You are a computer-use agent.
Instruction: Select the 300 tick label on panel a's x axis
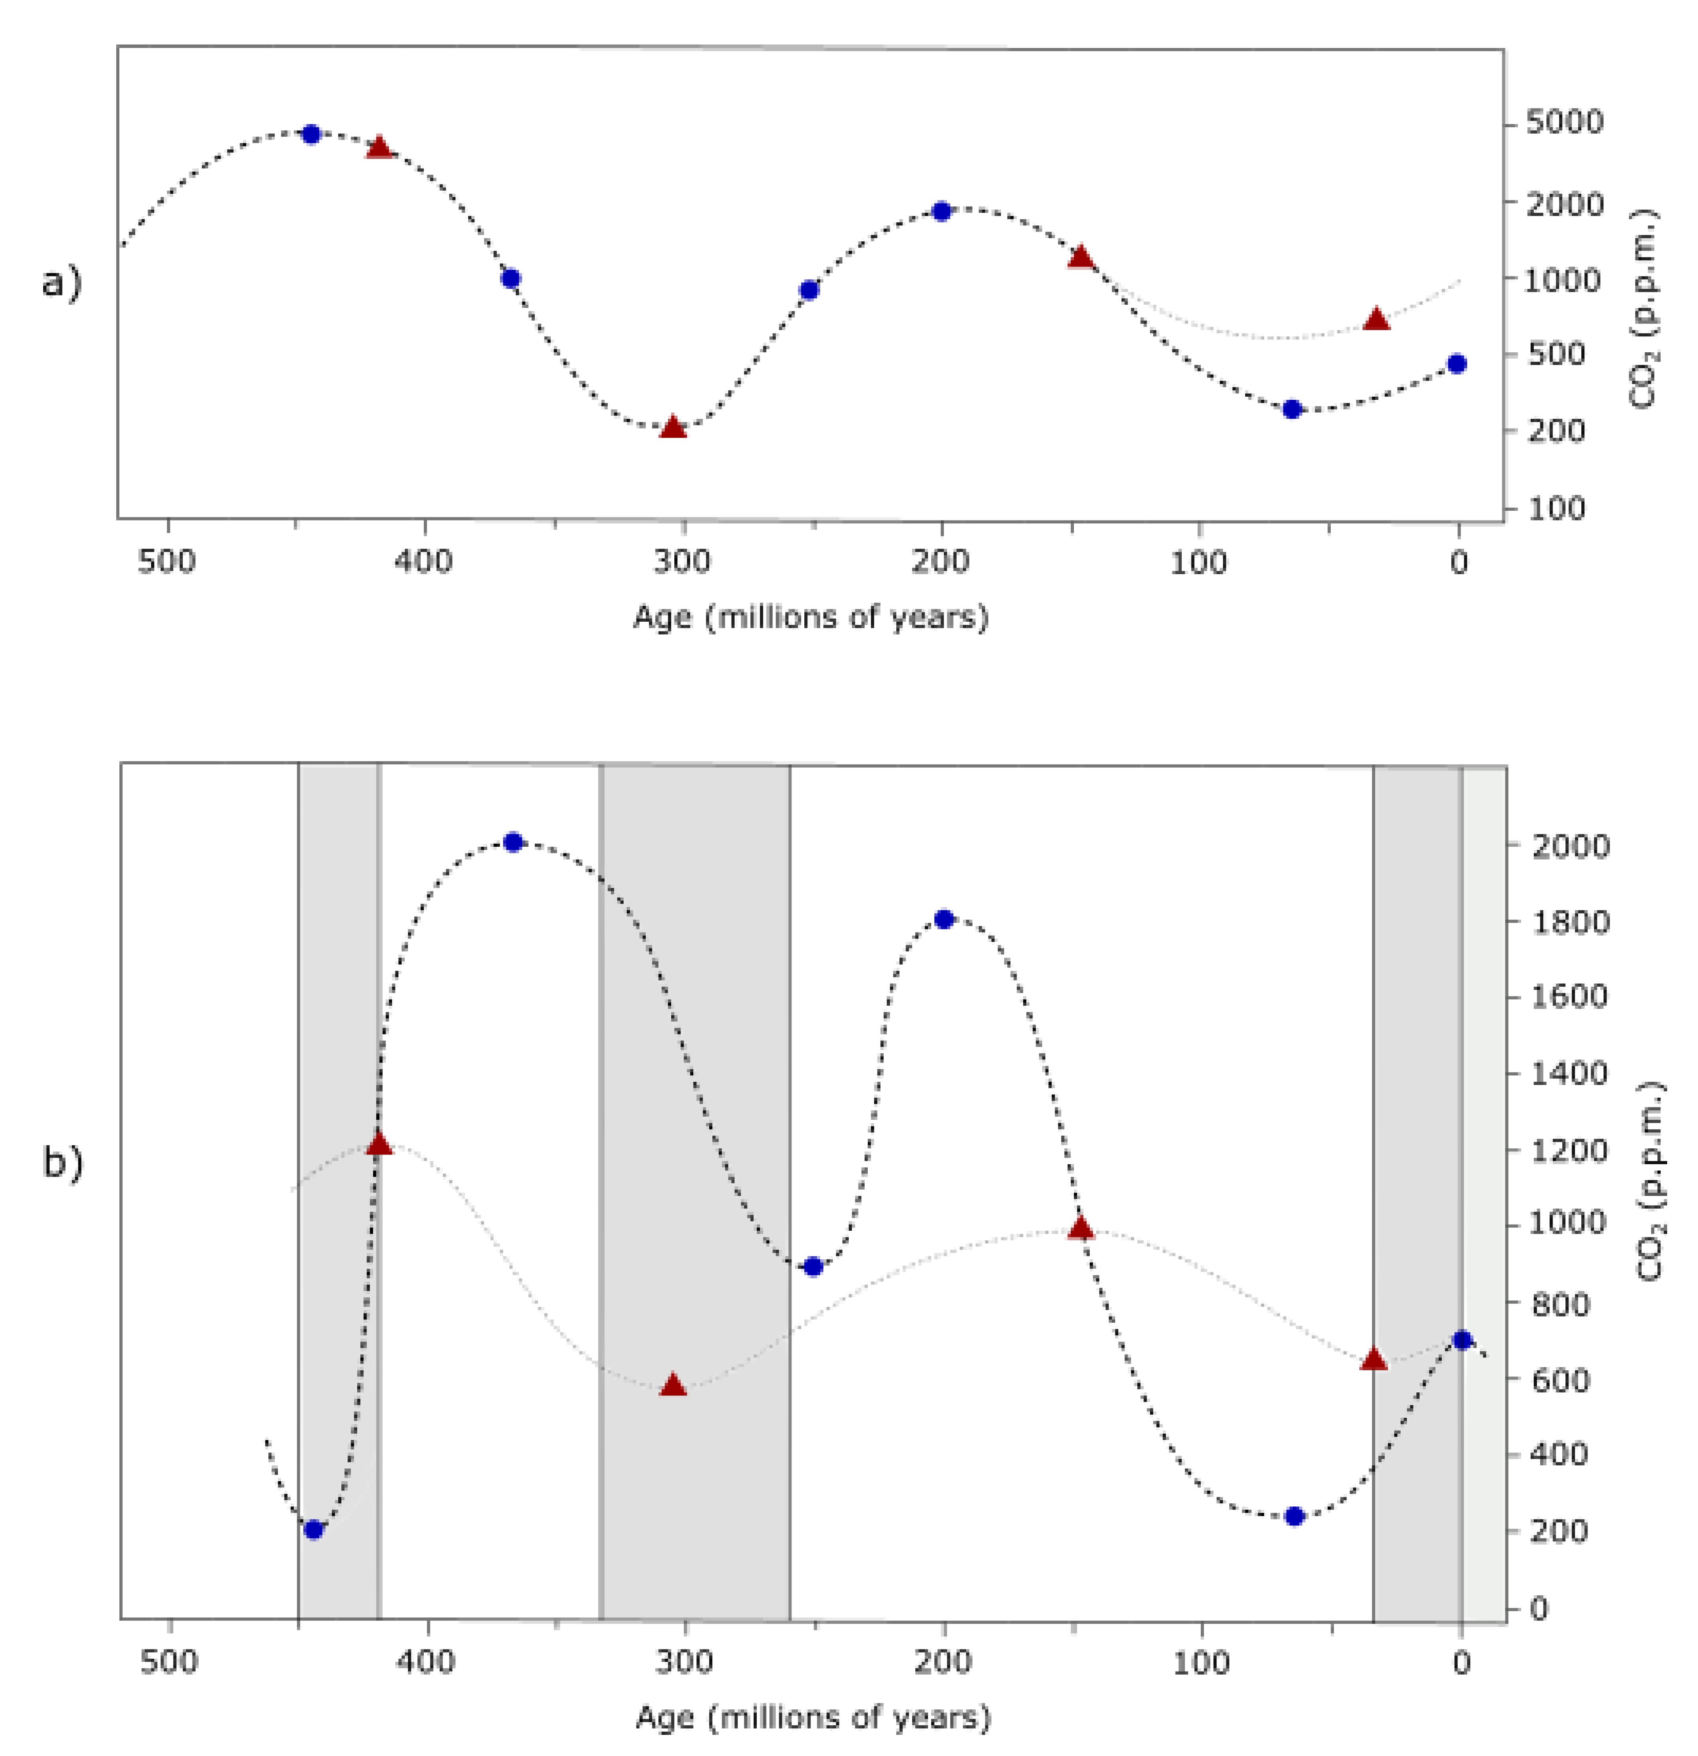tap(682, 563)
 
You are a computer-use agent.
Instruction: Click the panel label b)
tap(63, 1163)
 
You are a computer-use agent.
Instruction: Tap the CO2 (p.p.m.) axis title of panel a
tap(1643, 309)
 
